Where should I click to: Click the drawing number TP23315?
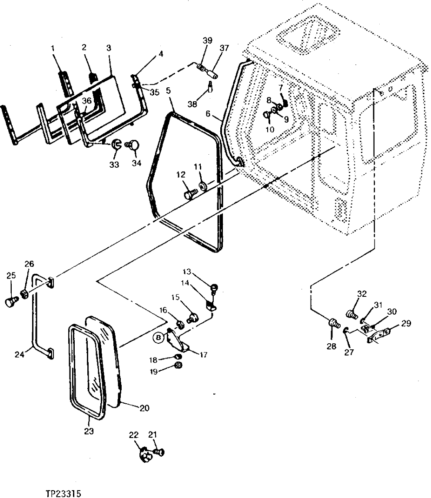(x=63, y=494)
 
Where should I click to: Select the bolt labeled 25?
(x=11, y=302)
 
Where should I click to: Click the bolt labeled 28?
(x=333, y=324)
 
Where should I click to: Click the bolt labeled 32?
(x=351, y=313)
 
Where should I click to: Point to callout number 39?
(x=207, y=41)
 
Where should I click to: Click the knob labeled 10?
(x=267, y=116)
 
